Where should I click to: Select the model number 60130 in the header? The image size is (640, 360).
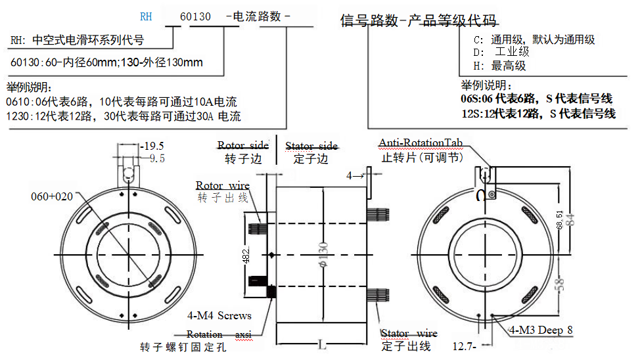tap(195, 17)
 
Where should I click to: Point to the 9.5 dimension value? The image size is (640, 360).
tap(157, 159)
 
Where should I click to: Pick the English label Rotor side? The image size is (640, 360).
tap(242, 145)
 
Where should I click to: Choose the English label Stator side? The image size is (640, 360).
tap(311, 145)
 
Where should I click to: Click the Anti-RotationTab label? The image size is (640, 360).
tap(421, 143)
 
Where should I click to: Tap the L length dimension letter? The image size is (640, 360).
tap(321, 344)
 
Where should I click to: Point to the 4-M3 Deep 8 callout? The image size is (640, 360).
tap(541, 330)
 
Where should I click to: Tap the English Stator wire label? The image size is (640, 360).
tap(409, 334)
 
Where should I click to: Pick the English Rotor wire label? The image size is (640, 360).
tap(222, 186)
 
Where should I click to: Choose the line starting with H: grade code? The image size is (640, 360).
tap(499, 66)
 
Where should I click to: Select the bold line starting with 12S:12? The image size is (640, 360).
tap(538, 113)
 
